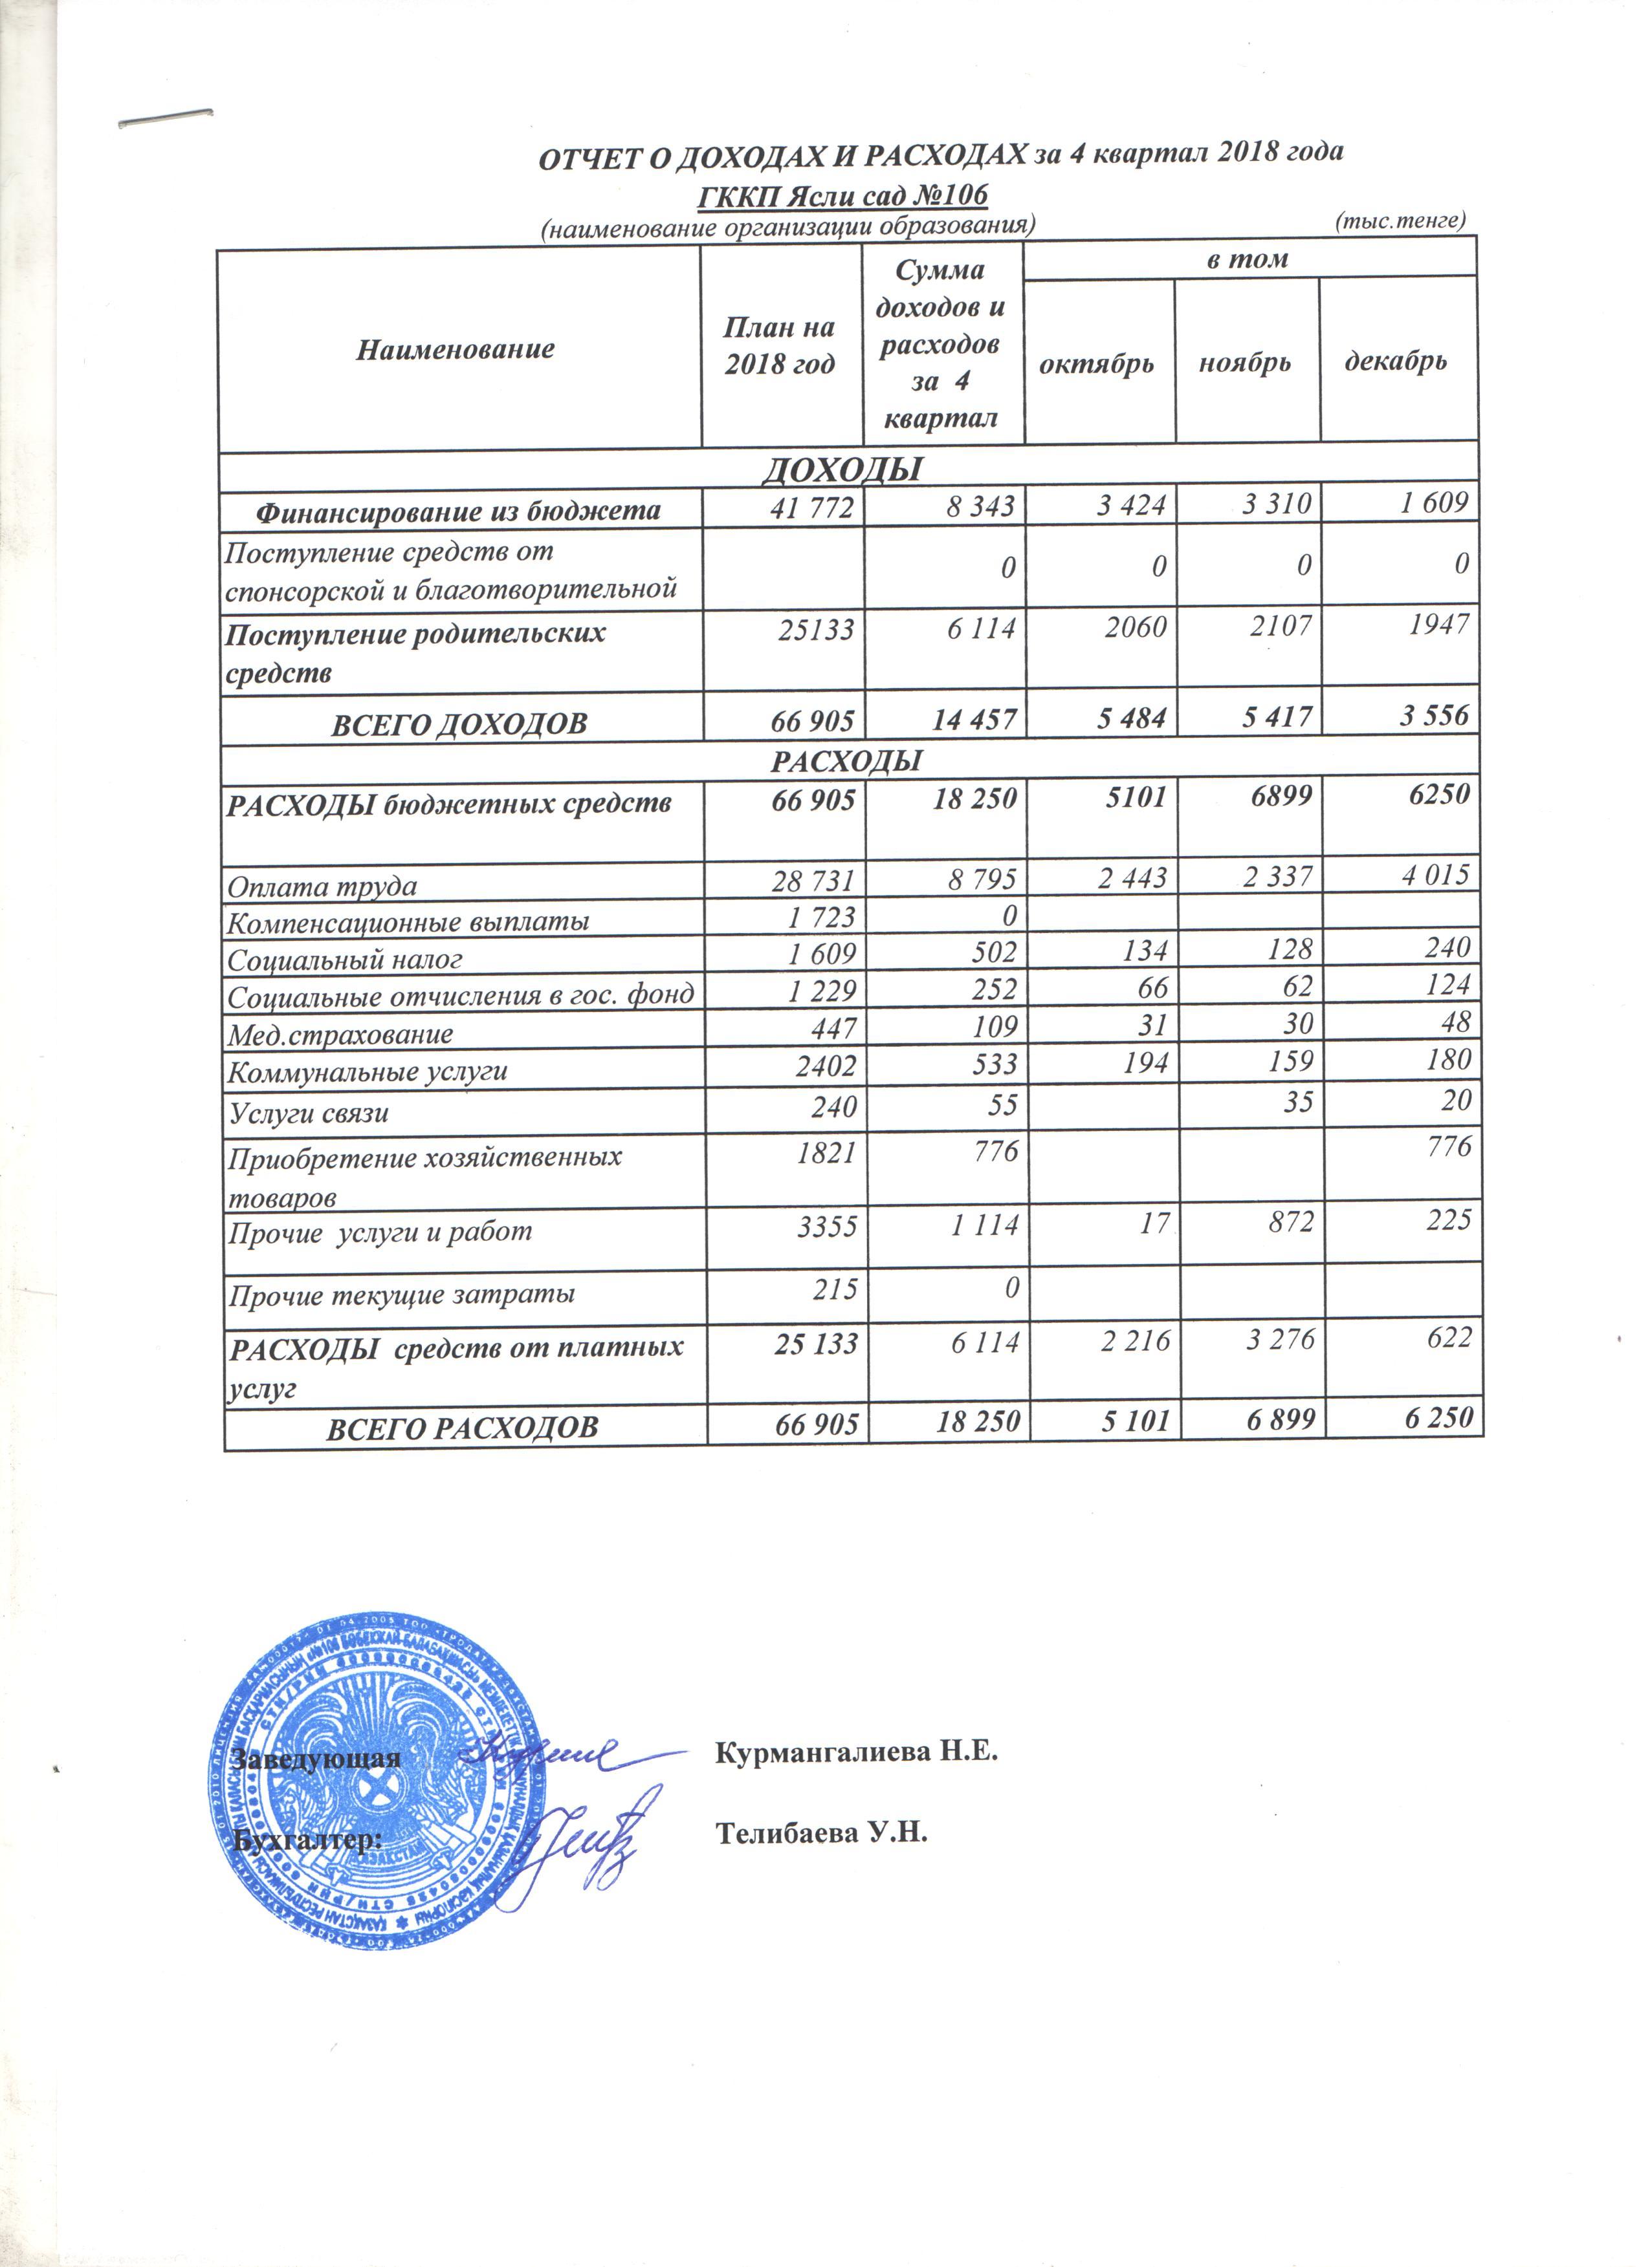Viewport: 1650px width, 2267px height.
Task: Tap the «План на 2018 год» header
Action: (779, 346)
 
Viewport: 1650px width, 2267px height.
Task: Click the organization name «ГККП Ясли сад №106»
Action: (842, 195)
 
